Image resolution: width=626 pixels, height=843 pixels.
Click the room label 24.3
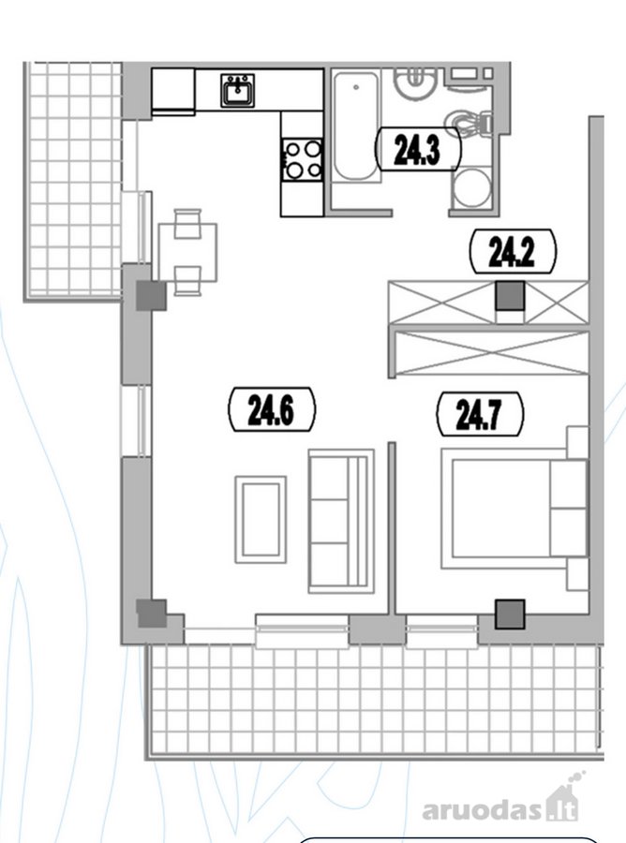point(417,150)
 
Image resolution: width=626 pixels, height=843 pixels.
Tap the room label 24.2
point(513,252)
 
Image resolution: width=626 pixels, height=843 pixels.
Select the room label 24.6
point(272,409)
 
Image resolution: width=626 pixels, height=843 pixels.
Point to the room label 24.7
point(479,414)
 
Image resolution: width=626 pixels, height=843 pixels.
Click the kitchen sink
point(237,90)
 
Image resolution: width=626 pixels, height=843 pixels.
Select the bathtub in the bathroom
point(355,126)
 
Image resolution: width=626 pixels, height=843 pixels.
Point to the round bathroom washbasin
point(412,82)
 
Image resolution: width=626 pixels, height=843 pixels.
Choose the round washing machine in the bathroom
point(471,188)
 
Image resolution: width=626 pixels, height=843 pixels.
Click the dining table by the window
point(187,252)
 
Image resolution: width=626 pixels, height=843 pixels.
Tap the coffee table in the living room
point(261,519)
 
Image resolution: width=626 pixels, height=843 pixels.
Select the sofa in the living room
point(341,521)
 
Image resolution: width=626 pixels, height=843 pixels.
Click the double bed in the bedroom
point(514,508)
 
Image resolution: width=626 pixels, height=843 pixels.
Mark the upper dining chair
point(187,223)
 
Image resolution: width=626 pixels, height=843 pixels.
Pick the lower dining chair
point(187,281)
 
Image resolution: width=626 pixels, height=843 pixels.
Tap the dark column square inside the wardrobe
point(509,297)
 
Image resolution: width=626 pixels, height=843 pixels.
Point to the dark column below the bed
point(509,614)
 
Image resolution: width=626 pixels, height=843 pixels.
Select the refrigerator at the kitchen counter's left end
point(173,90)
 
